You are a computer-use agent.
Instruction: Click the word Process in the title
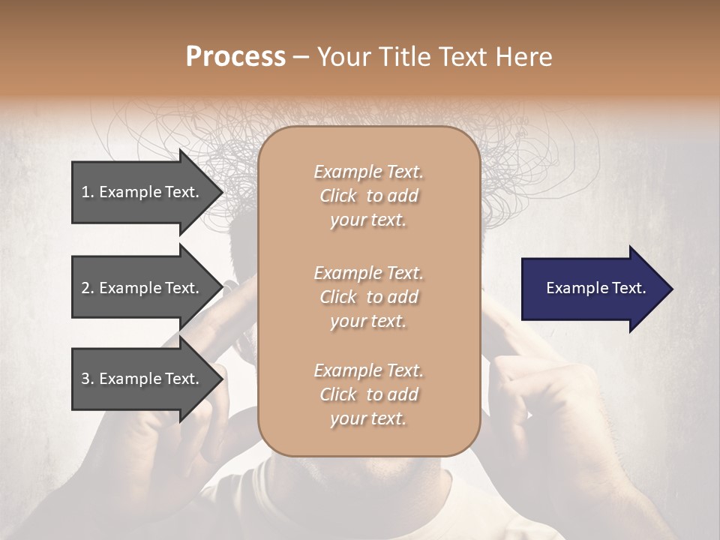tap(235, 56)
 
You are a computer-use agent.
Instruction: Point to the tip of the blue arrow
tap(671, 289)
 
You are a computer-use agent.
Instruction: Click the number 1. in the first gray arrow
tap(88, 192)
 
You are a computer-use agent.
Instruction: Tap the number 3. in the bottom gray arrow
tap(88, 379)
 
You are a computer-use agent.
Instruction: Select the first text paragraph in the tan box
tap(368, 196)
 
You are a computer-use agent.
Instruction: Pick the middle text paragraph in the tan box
tap(368, 296)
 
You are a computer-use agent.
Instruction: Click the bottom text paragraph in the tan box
tap(368, 394)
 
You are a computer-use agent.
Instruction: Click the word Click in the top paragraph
tap(338, 196)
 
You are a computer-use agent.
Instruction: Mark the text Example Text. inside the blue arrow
tap(595, 288)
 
